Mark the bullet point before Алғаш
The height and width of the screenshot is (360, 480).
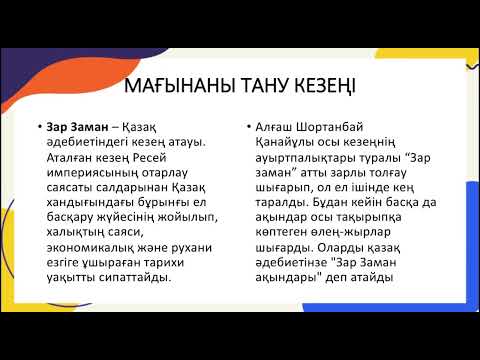pyautogui.click(x=247, y=127)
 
